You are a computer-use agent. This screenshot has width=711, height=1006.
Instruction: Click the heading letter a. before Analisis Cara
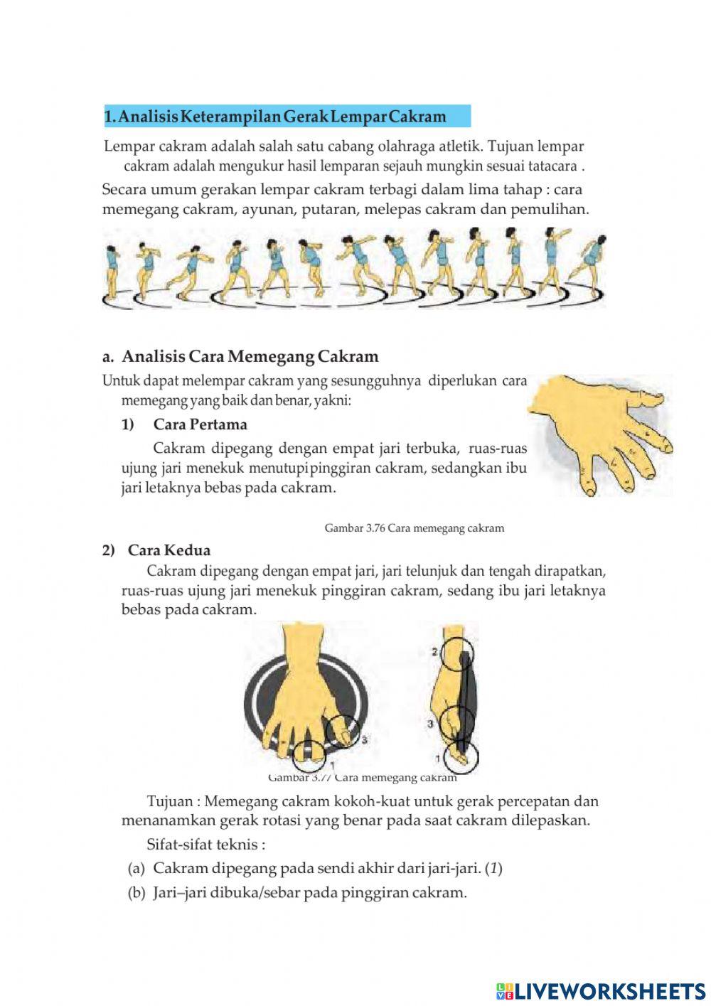tap(109, 356)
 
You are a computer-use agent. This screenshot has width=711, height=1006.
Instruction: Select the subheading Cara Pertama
tap(200, 424)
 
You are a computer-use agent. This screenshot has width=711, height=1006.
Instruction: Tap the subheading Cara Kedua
tap(169, 550)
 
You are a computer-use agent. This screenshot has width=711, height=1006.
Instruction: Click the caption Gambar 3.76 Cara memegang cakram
tap(414, 528)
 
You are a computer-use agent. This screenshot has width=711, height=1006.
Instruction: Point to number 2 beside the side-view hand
tap(434, 651)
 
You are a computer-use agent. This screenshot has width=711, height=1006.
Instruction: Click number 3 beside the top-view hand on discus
tap(364, 740)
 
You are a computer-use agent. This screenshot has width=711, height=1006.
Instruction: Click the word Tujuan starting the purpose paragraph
tap(169, 801)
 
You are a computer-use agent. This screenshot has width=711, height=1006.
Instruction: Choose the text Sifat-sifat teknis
tap(205, 845)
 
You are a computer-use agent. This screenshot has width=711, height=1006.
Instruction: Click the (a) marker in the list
tap(137, 868)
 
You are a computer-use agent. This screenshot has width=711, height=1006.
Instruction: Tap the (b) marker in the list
tap(137, 892)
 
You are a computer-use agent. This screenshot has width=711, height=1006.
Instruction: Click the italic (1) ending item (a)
tap(495, 868)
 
